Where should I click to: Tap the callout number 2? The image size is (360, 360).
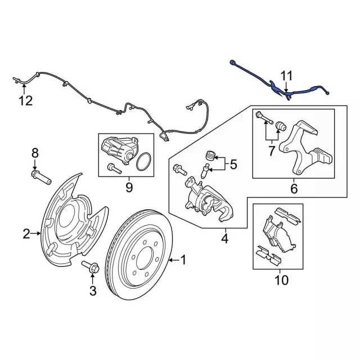tap(26, 233)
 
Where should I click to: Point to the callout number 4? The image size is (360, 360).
tap(224, 239)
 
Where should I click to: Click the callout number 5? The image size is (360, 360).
tap(233, 165)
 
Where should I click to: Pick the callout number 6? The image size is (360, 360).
tap(293, 189)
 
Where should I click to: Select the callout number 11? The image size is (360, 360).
tap(287, 76)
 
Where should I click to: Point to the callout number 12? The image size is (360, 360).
tap(25, 101)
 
